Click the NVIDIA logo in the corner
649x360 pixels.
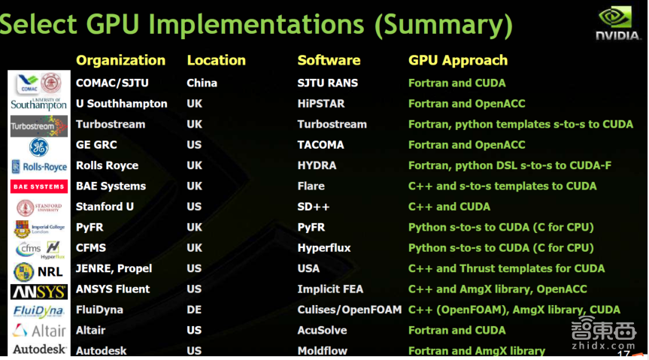pyautogui.click(x=618, y=23)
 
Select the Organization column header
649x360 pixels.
pyautogui.click(x=120, y=60)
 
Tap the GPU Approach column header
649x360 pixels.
pyautogui.click(x=457, y=60)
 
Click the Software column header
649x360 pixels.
pyautogui.click(x=329, y=60)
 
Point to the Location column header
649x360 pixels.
pyautogui.click(x=216, y=60)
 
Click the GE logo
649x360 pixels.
pyautogui.click(x=38, y=146)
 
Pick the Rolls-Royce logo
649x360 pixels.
pyautogui.click(x=39, y=166)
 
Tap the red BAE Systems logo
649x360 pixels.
pyautogui.click(x=38, y=186)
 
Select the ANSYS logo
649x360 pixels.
pyautogui.click(x=38, y=290)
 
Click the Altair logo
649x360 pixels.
pyautogui.click(x=38, y=331)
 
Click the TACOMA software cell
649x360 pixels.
pyautogui.click(x=320, y=145)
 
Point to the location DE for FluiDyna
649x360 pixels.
pyautogui.click(x=195, y=310)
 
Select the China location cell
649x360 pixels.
pyautogui.click(x=202, y=83)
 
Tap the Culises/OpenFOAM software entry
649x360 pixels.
pyautogui.click(x=350, y=310)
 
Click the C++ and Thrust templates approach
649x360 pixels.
pyautogui.click(x=506, y=268)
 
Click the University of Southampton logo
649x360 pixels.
pyautogui.click(x=38, y=104)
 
